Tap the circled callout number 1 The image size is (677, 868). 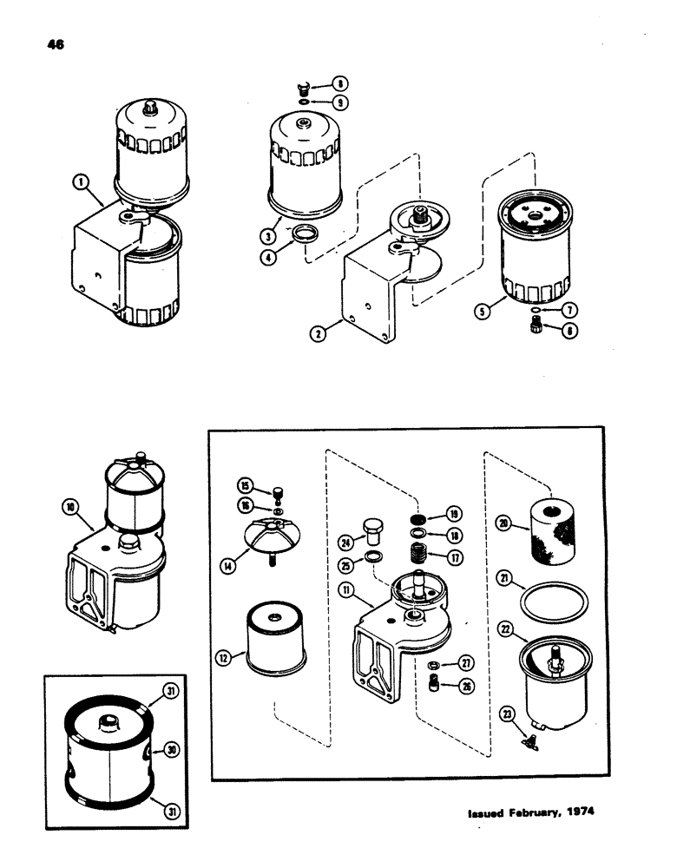point(81,182)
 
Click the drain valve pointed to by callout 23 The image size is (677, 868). point(527,740)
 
